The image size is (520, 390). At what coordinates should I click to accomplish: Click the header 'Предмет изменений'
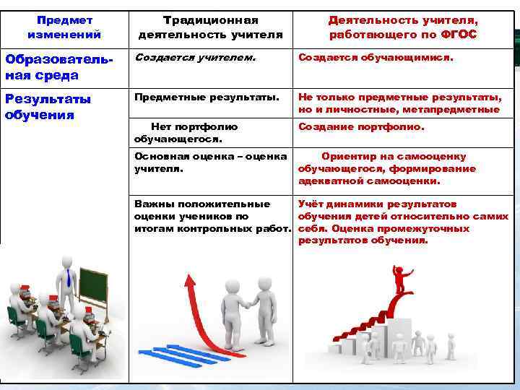[64, 27]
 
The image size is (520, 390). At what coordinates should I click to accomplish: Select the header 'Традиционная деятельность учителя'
[210, 27]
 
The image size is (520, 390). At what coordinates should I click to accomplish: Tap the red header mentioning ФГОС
[403, 27]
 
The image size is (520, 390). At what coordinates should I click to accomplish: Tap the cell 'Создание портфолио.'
[362, 126]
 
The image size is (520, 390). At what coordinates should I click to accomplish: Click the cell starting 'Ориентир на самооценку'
[387, 168]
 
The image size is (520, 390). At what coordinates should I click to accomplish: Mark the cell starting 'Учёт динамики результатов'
[403, 222]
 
